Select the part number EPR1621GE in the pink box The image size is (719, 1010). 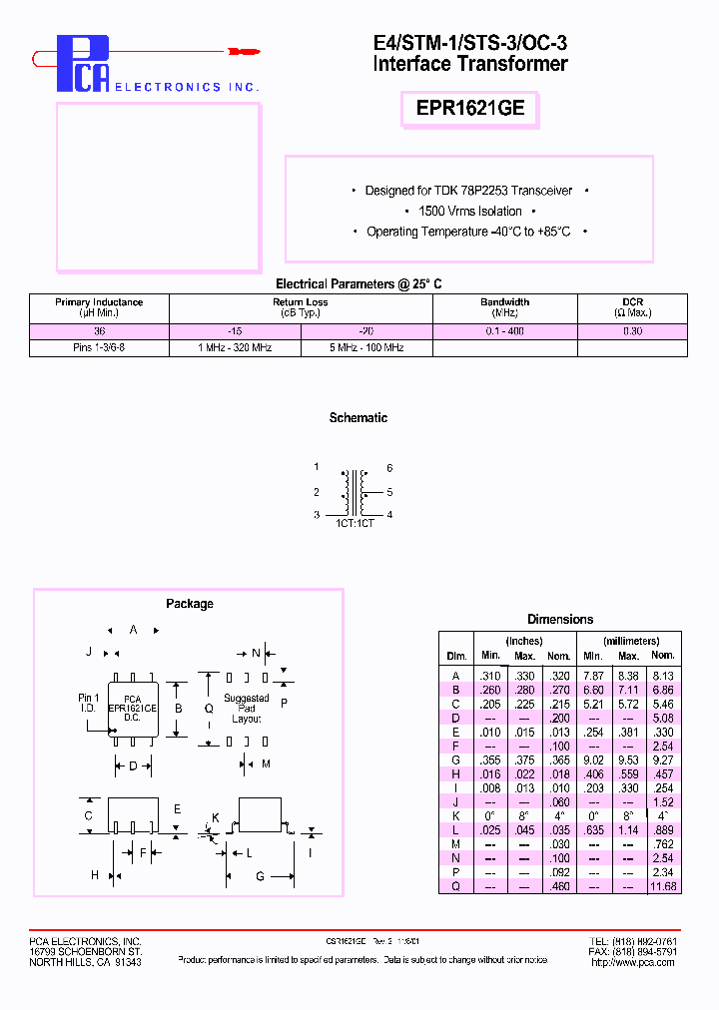469,109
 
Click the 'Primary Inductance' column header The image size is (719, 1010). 99,307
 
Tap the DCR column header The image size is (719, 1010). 632,307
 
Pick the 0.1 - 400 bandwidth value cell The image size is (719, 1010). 504,331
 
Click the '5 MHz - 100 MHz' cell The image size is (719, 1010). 365,348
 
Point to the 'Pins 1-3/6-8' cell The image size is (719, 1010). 99,348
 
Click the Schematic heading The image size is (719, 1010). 359,418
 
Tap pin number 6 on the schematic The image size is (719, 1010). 389,468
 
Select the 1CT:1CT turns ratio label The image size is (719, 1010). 355,523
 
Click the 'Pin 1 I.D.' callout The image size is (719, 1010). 88,703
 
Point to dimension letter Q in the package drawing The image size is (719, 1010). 209,709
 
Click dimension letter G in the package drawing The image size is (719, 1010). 260,876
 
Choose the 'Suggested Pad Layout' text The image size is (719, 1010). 246,709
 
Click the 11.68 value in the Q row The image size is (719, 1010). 662,886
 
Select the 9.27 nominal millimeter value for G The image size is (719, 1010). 662,760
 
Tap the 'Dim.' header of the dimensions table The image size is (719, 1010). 456,656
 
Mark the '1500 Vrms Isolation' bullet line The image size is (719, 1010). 469,212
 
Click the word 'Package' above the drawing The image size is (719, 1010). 190,604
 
